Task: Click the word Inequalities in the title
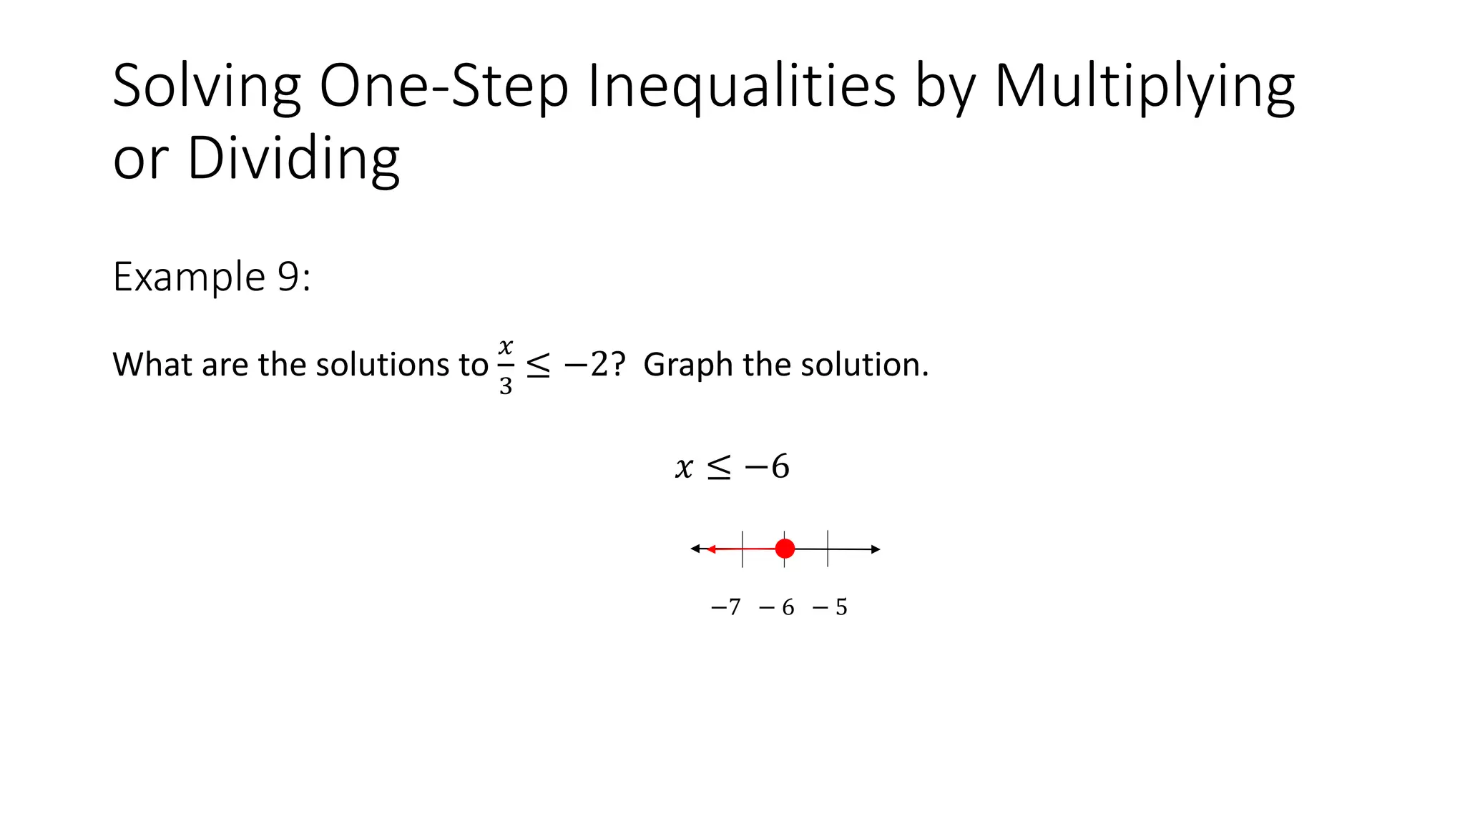[741, 86]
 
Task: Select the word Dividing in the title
[293, 158]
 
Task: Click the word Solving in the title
[207, 86]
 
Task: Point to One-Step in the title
[444, 86]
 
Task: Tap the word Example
[189, 278]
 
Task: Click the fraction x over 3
[506, 366]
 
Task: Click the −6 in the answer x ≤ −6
[767, 466]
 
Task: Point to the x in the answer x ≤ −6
[684, 468]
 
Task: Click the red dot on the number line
[785, 549]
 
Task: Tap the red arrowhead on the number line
[711, 549]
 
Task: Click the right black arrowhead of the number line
[876, 549]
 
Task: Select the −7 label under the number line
[725, 607]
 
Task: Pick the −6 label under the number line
[777, 607]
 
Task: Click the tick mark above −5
[828, 549]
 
